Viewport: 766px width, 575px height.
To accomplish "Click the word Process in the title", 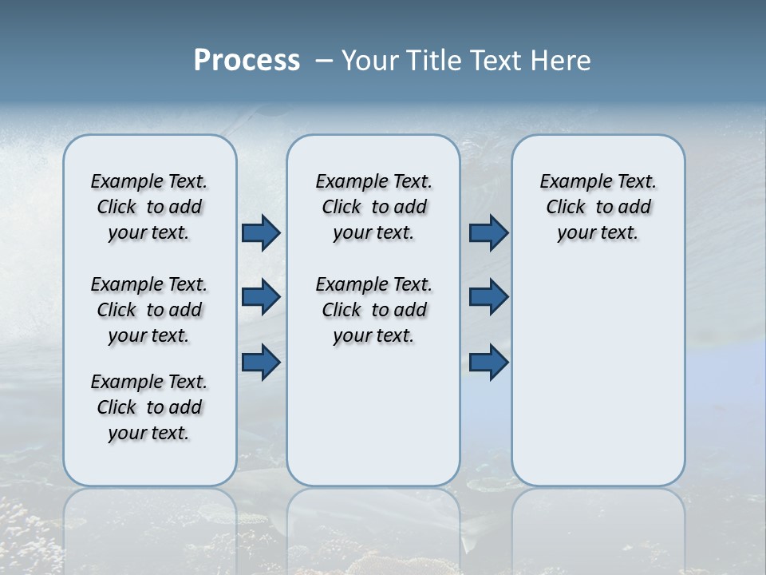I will click(x=247, y=61).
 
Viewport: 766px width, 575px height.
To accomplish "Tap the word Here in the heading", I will click(x=562, y=61).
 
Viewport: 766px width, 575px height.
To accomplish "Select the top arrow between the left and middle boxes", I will click(x=261, y=232).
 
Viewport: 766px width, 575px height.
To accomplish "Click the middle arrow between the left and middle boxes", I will click(x=261, y=297).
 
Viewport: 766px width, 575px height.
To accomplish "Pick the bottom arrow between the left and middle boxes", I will click(x=261, y=363).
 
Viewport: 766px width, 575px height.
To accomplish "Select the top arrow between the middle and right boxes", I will click(x=488, y=232).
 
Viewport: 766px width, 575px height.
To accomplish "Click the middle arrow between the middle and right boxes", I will click(x=488, y=297).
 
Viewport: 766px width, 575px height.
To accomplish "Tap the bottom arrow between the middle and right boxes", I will click(x=488, y=363).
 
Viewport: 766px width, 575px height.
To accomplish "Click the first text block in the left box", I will click(x=149, y=207).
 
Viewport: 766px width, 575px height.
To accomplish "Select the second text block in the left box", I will click(x=149, y=310).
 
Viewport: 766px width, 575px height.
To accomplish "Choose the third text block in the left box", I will click(x=149, y=407).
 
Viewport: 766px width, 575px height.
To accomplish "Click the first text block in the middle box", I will click(x=373, y=207).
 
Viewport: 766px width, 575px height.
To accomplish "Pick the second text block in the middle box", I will click(x=373, y=310).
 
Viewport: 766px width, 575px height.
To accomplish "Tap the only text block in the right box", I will click(x=598, y=207).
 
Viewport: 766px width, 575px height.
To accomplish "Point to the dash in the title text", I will click(x=324, y=61).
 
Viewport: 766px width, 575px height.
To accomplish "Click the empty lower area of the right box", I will click(x=598, y=375).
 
